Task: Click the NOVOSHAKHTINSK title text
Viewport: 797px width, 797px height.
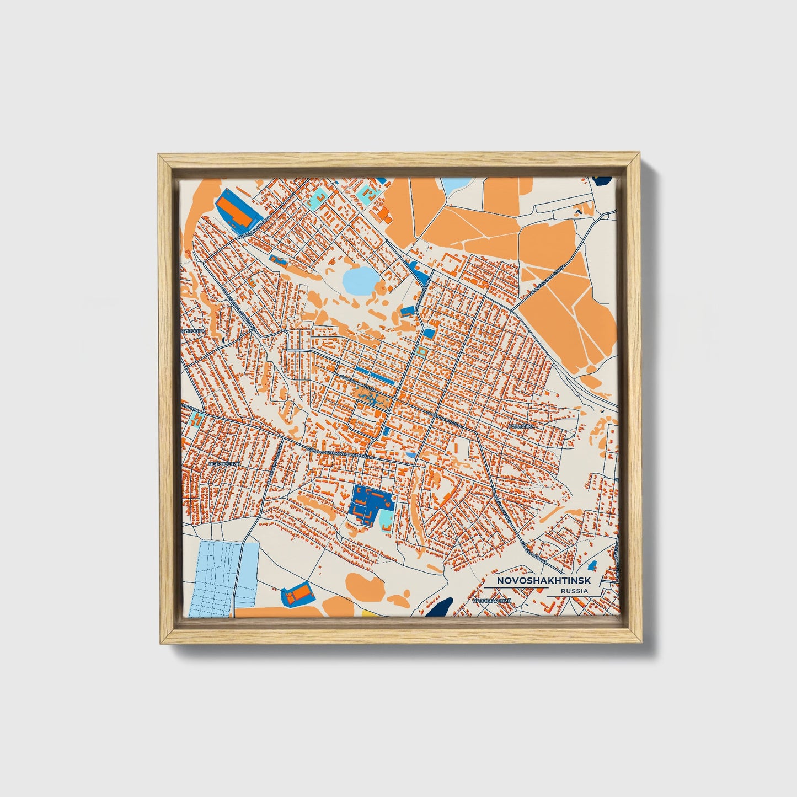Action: point(543,581)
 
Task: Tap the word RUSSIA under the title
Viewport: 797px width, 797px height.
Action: point(574,591)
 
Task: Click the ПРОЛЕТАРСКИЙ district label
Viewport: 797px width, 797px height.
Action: point(493,600)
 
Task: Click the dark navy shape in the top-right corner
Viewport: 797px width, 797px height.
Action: point(603,180)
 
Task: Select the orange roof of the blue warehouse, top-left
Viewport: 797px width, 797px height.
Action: point(234,210)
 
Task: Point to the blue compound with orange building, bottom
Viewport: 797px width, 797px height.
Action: point(297,595)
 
